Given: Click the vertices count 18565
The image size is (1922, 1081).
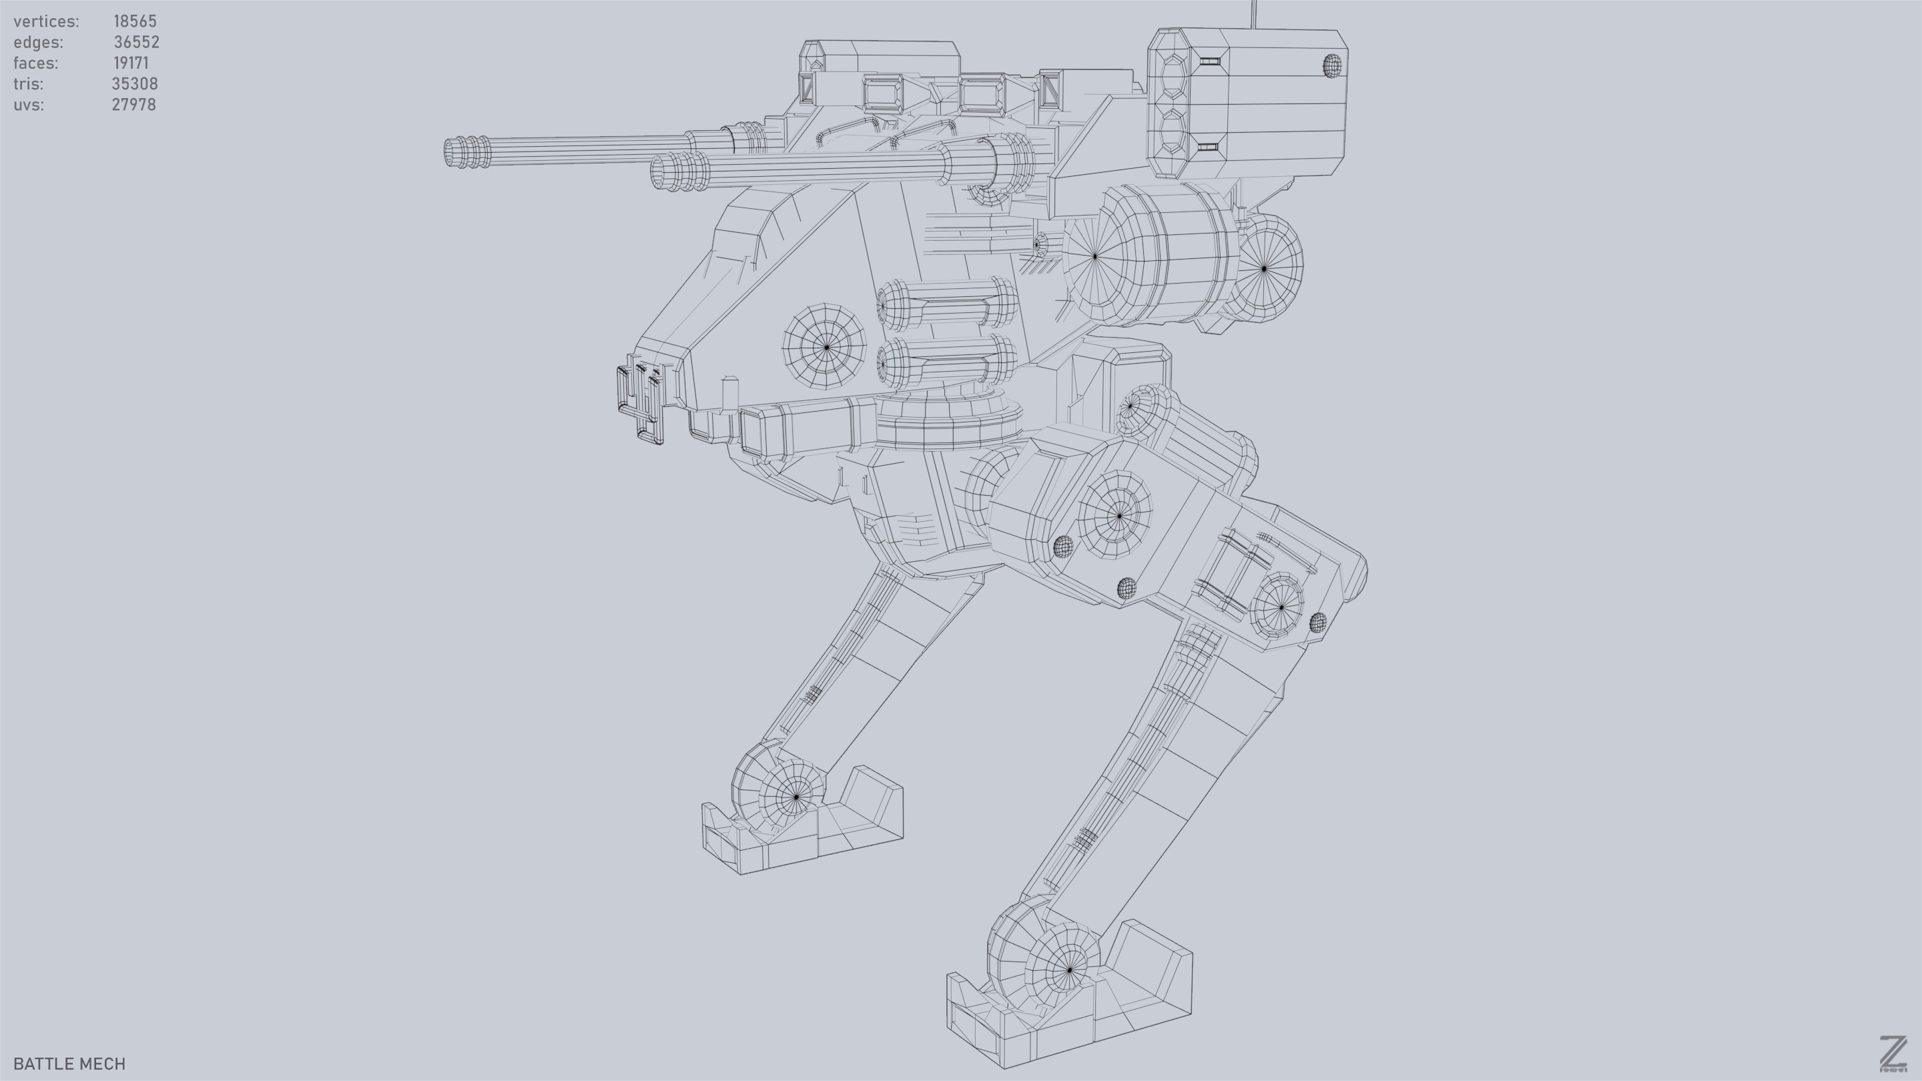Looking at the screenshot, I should click(134, 21).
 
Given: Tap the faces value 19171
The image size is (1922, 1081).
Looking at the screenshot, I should click(131, 63).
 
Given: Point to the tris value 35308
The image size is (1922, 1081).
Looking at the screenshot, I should click(134, 83).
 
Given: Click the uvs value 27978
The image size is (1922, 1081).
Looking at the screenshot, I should click(133, 105).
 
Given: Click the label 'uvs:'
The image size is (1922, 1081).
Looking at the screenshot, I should click(28, 105).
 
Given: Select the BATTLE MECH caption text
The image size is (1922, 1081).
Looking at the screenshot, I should click(69, 1063).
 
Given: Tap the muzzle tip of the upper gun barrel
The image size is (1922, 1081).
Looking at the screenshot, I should click(450, 152).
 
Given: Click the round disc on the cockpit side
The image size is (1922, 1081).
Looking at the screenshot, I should click(826, 347).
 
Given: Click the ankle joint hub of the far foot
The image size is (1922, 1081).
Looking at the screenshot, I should click(795, 797).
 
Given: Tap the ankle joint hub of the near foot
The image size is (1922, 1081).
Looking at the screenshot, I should click(1069, 969).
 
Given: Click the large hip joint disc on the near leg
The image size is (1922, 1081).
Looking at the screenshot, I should click(1118, 514).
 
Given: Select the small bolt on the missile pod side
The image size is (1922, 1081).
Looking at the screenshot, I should click(1332, 65).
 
